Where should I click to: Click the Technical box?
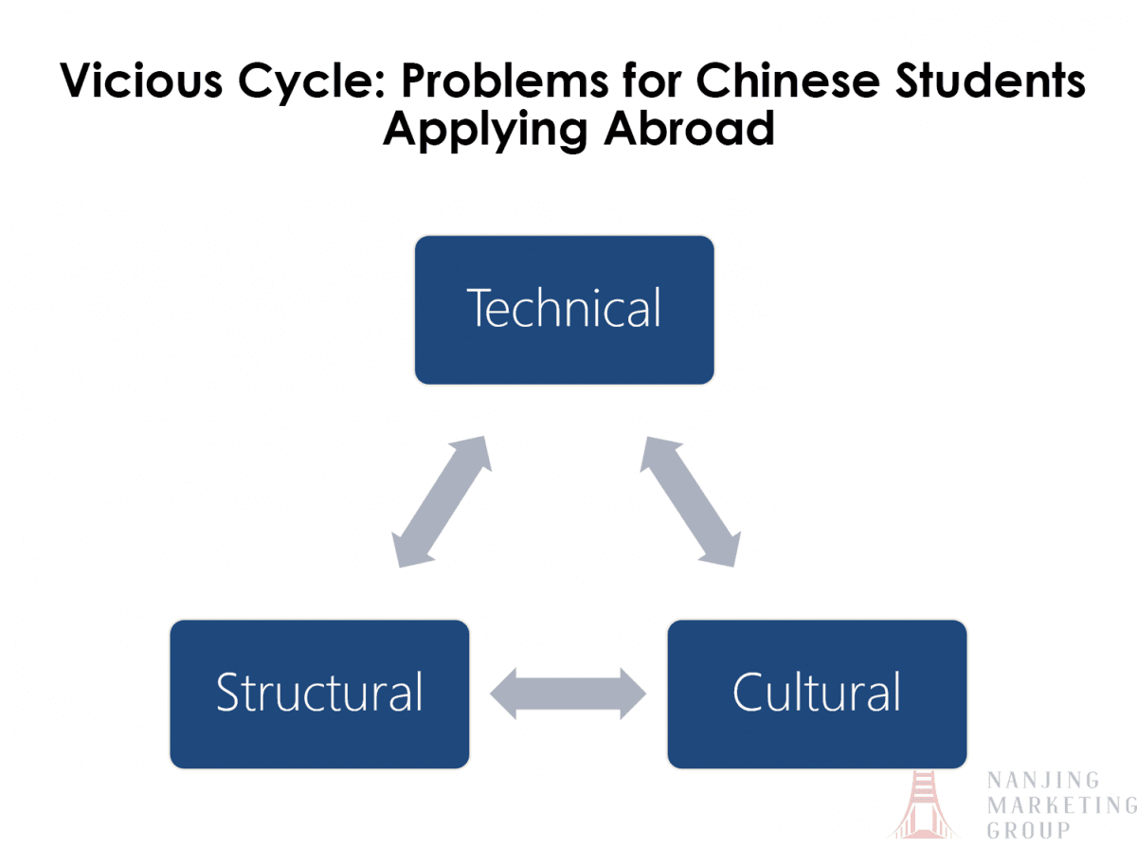(564, 310)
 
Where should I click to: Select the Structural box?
(319, 694)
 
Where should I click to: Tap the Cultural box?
(817, 694)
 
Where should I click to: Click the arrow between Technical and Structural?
(442, 502)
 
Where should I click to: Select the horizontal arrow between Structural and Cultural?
(568, 693)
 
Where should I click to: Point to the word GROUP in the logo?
(1029, 831)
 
